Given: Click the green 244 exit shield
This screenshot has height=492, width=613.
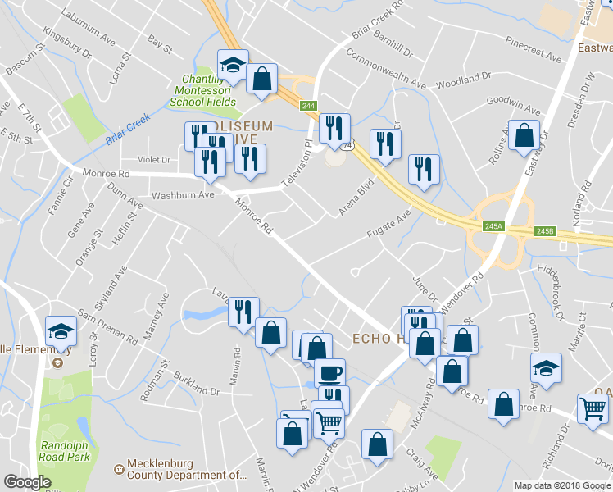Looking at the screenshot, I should tap(308, 106).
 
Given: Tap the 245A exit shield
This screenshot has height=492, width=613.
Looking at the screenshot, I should tap(493, 226).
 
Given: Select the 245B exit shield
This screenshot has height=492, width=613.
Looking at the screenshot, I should tap(546, 231).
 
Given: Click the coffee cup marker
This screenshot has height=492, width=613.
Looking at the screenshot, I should tap(329, 374).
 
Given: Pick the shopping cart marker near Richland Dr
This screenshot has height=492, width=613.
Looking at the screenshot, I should tap(593, 408).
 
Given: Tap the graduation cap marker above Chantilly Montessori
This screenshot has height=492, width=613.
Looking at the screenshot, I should tap(233, 65).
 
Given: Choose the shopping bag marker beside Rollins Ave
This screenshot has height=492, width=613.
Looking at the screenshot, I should tap(524, 135).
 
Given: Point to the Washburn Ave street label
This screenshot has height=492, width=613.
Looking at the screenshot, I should tap(183, 195).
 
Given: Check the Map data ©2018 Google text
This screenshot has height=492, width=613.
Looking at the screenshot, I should tap(561, 485).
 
